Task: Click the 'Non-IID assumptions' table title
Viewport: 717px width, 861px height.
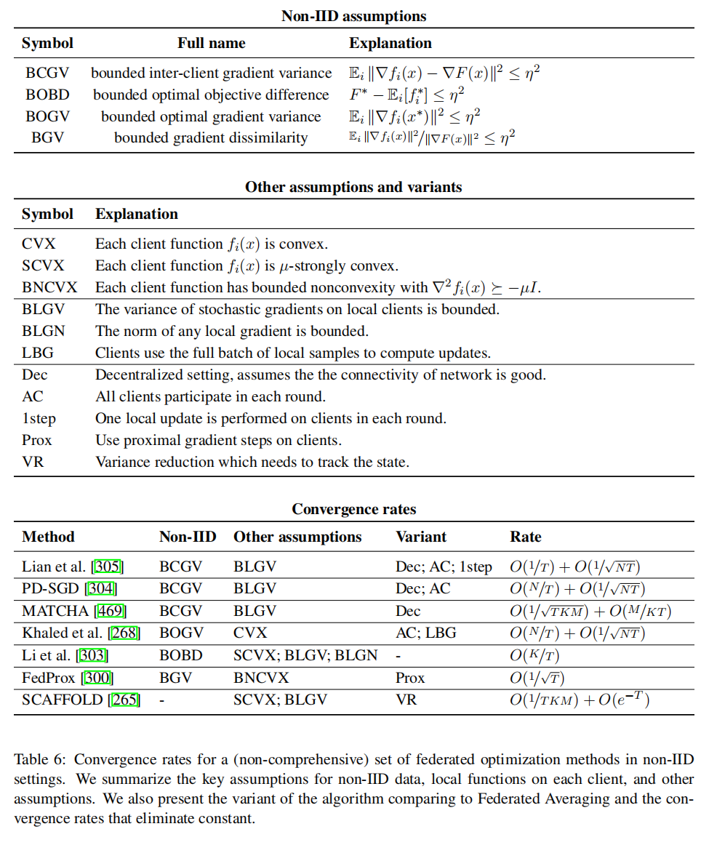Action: pyautogui.click(x=353, y=16)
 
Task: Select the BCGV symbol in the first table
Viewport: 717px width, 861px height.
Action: pyautogui.click(x=47, y=73)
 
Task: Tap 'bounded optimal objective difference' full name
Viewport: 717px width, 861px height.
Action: pyautogui.click(x=211, y=95)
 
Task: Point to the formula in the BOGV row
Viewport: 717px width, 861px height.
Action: pyautogui.click(x=414, y=116)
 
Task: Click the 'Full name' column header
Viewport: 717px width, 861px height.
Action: pyautogui.click(x=211, y=43)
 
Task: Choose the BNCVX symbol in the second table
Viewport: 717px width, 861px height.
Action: pyautogui.click(x=49, y=287)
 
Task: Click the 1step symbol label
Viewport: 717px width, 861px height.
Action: pyautogui.click(x=39, y=418)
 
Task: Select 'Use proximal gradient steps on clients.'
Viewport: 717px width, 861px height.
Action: pyautogui.click(x=218, y=440)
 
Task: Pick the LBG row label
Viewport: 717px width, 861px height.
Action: pyautogui.click(x=37, y=353)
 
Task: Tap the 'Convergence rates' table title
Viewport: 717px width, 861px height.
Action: pyautogui.click(x=353, y=509)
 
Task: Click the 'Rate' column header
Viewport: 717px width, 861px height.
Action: pyautogui.click(x=525, y=537)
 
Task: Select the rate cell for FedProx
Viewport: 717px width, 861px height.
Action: pyautogui.click(x=537, y=678)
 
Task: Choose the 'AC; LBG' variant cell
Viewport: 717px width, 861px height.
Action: pyautogui.click(x=425, y=633)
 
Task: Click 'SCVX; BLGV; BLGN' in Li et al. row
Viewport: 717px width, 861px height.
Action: pyautogui.click(x=305, y=655)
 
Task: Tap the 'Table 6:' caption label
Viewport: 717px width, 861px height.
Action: pyautogui.click(x=41, y=760)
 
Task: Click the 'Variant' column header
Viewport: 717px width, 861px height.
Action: pyautogui.click(x=420, y=537)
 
